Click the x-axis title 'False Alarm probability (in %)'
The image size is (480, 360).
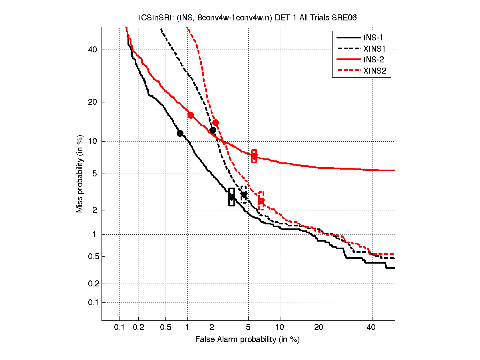click(x=247, y=340)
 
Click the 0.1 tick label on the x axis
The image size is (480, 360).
click(x=120, y=328)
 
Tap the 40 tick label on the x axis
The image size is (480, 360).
click(x=372, y=328)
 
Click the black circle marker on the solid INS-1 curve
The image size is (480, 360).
click(x=180, y=133)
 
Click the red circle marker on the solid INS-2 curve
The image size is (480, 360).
click(x=191, y=115)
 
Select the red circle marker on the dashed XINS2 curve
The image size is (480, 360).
click(x=215, y=123)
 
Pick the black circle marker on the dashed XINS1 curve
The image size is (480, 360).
click(x=213, y=130)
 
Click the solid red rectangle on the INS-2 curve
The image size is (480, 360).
click(x=254, y=156)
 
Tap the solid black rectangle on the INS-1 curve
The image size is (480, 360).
click(x=231, y=197)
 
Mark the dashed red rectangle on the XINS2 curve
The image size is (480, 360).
click(x=261, y=201)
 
